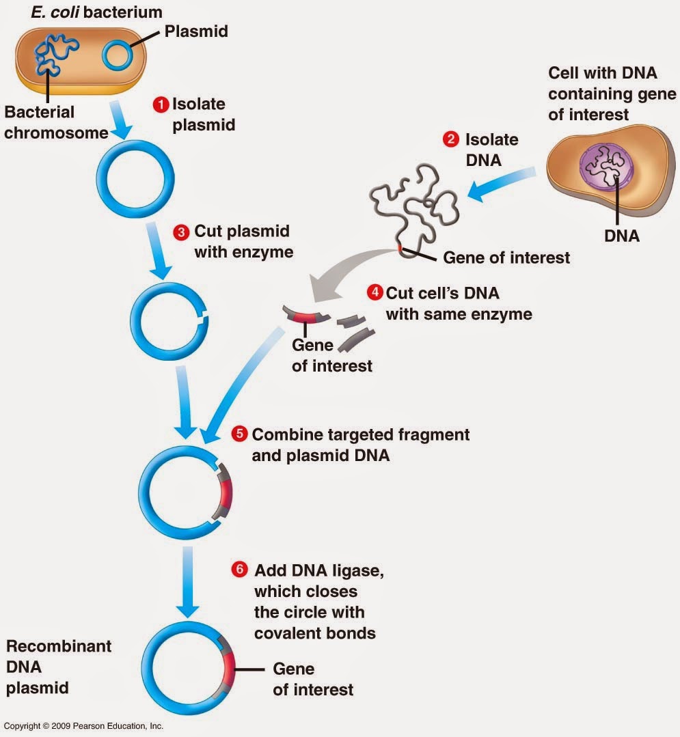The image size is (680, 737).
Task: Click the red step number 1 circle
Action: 161,105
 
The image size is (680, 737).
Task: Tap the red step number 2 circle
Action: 450,140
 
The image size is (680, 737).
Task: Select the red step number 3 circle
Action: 181,232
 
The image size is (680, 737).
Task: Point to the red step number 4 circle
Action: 375,293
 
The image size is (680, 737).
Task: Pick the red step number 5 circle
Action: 239,434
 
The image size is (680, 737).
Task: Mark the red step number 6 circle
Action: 239,570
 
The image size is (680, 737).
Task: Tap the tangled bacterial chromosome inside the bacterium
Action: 57,52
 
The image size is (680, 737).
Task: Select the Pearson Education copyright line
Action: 83,726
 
